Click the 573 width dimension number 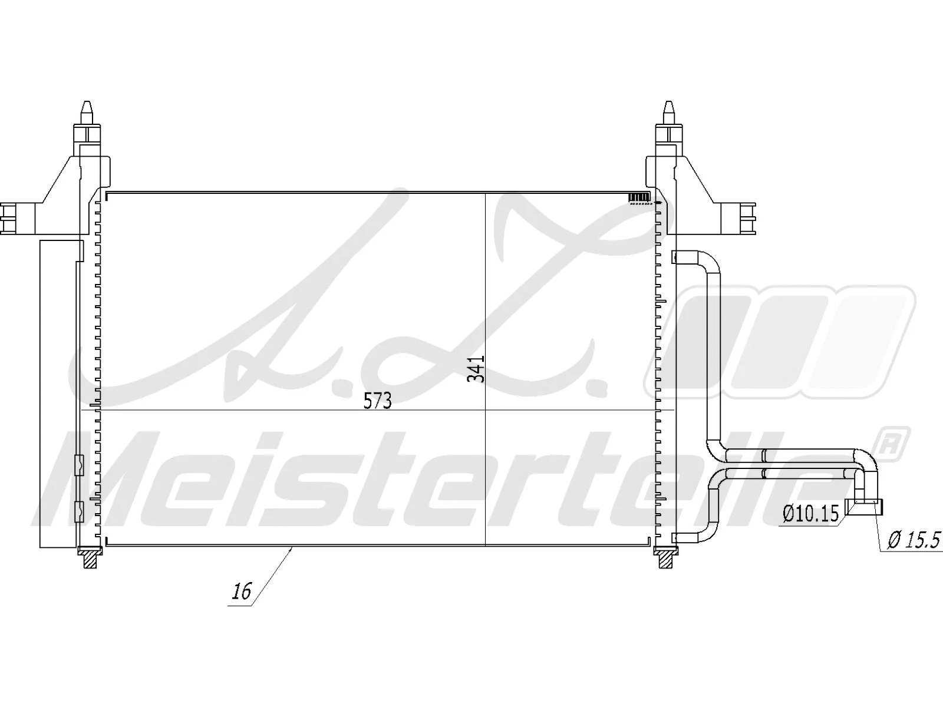(377, 401)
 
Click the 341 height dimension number (476, 368)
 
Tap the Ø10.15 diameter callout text (810, 514)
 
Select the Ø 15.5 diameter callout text (913, 540)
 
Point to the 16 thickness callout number (242, 590)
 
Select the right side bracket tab (747, 217)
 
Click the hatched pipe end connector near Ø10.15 (865, 506)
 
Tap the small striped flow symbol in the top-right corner (639, 197)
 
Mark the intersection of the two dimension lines (485, 410)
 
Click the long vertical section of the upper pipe (713, 353)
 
